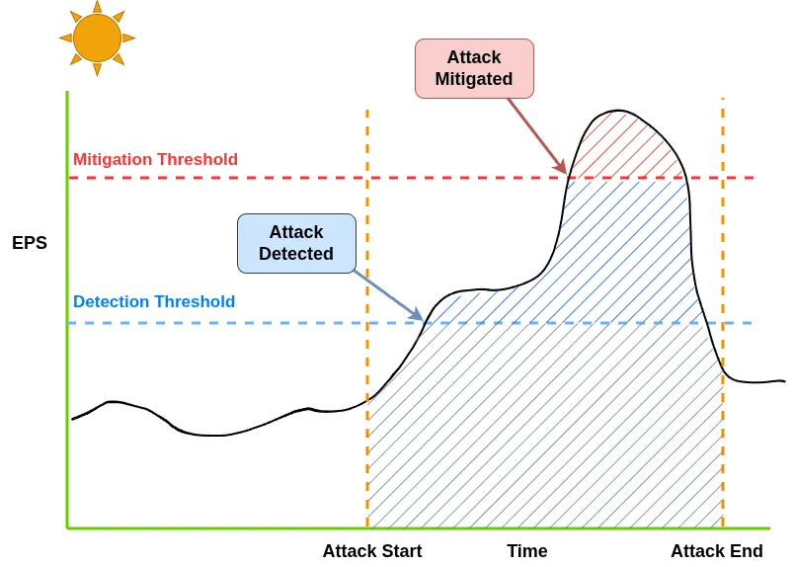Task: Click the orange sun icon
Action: [97, 38]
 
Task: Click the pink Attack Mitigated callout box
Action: [474, 68]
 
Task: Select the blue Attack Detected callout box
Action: [296, 243]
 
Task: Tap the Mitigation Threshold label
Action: [155, 159]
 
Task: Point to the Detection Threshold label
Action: [154, 301]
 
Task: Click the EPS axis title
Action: [30, 243]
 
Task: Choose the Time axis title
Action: [527, 551]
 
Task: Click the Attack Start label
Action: [372, 551]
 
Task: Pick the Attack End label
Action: [717, 551]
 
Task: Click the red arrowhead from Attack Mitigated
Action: [561, 166]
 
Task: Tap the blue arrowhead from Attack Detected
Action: [417, 314]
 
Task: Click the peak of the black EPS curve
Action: [618, 110]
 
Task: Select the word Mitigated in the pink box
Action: [474, 79]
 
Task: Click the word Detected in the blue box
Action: [296, 253]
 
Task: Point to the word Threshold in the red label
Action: [197, 159]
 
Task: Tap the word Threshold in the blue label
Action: [195, 301]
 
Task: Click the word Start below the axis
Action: [401, 551]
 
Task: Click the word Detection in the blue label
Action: [111, 301]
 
